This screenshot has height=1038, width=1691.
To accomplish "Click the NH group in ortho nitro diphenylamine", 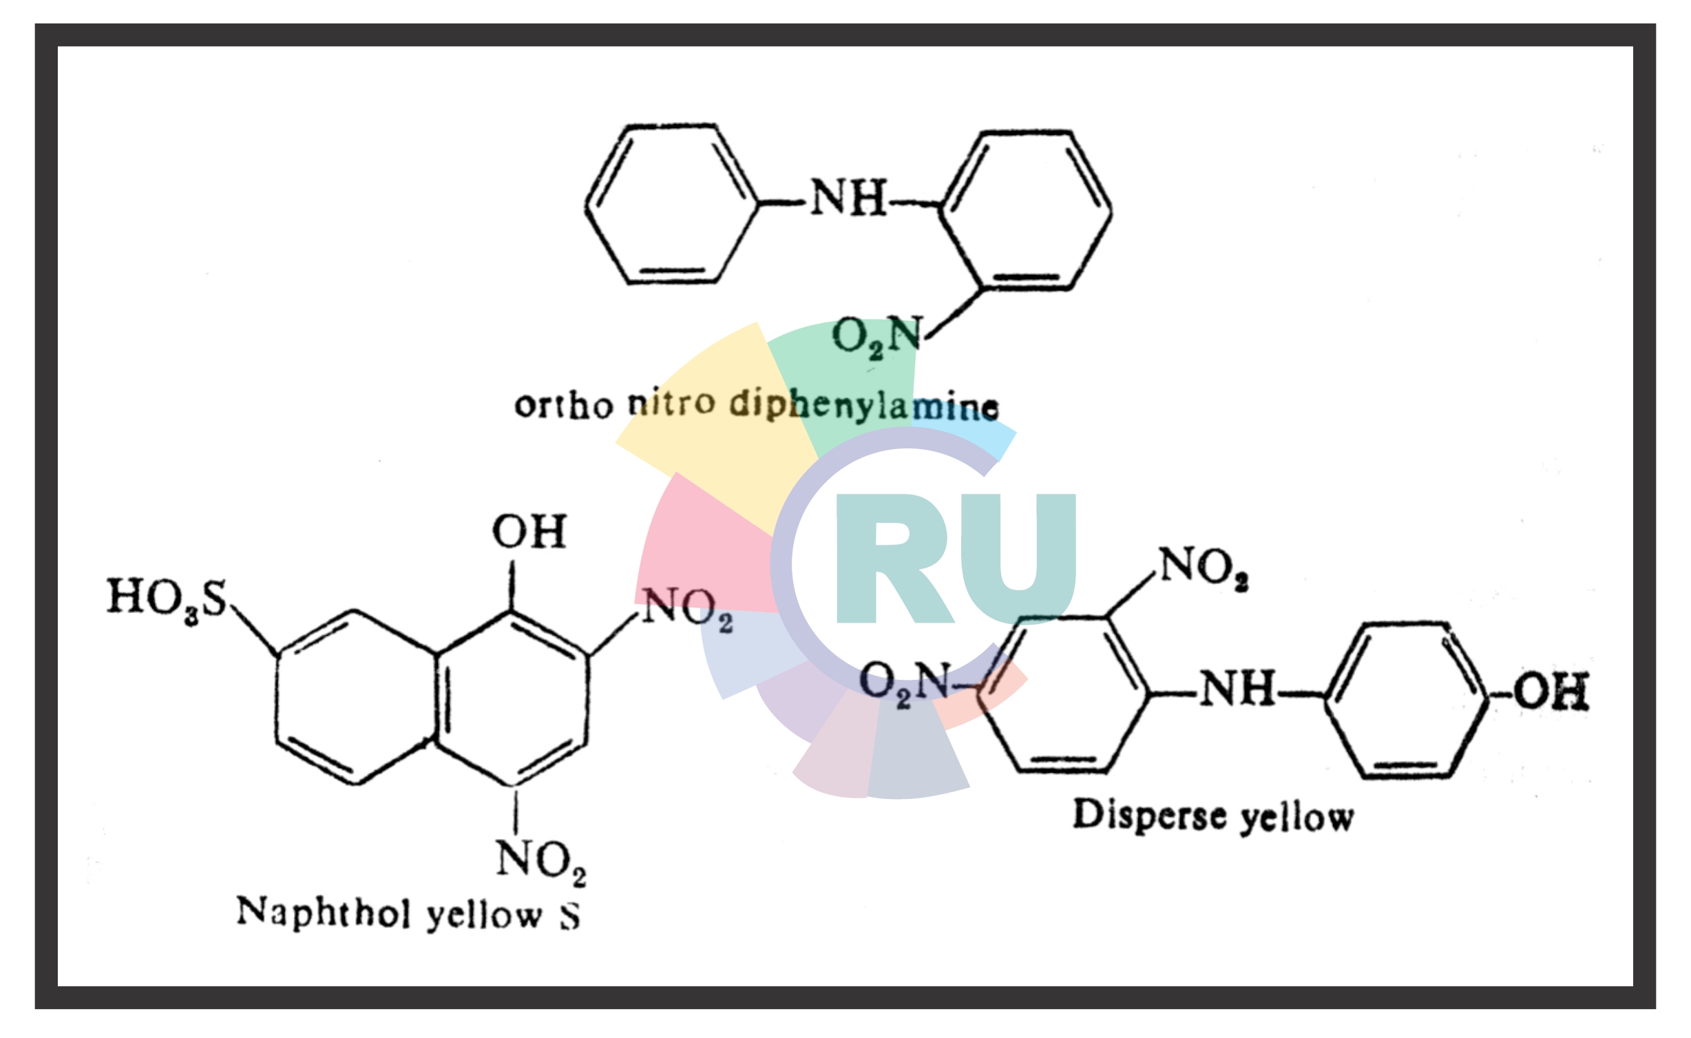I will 848,198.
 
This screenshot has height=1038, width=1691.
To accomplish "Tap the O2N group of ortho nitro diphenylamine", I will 876,338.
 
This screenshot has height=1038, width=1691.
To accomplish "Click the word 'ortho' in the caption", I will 563,406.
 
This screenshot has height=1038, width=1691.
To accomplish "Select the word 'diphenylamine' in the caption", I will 864,406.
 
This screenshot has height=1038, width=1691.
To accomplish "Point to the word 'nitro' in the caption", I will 671,403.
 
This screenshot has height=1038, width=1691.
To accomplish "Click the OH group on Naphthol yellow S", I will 529,532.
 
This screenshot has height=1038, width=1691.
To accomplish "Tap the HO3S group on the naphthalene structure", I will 167,598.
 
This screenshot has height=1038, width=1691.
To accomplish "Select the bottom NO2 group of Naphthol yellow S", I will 541,861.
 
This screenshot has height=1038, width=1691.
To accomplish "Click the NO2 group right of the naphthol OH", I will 687,609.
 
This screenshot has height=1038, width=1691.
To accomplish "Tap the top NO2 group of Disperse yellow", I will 1204,568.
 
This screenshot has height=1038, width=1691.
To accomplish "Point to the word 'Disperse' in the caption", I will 1149,816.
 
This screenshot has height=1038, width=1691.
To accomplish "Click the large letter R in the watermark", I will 892,559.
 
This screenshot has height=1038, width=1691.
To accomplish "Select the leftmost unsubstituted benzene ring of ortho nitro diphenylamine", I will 671,204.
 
